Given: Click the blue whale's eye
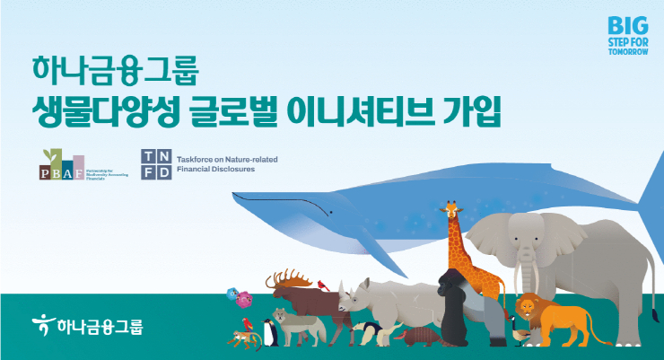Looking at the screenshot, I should pos(330,212).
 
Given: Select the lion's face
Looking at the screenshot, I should pos(529,310).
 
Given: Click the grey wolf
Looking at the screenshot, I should pos(293,325).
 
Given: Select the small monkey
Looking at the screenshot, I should pos(240,338).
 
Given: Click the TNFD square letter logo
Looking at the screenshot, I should pos(156,164).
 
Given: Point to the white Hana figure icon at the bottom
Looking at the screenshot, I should pos(41,320).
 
